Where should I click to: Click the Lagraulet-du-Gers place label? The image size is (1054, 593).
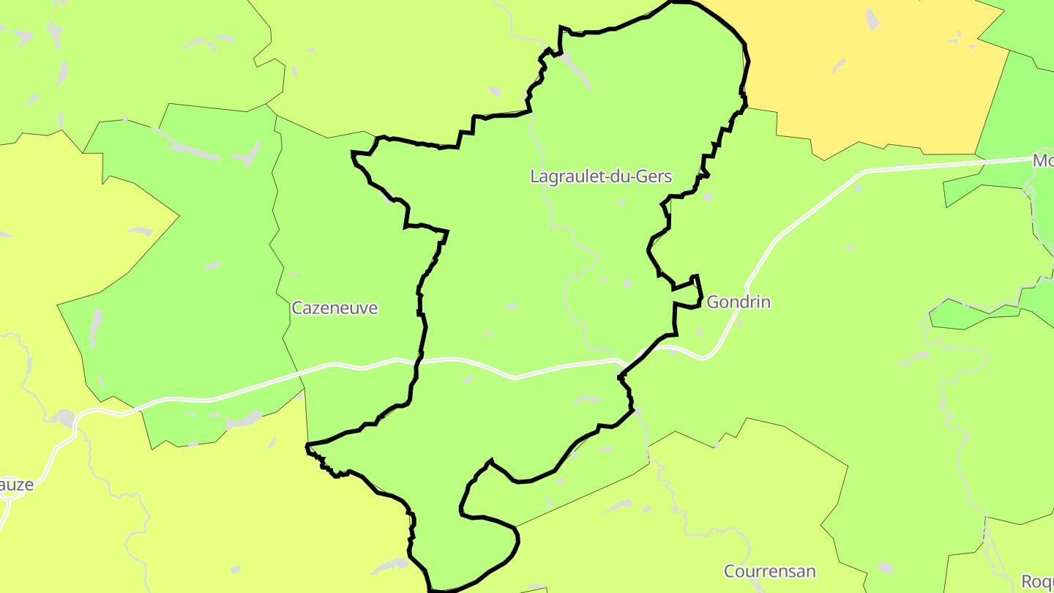601,176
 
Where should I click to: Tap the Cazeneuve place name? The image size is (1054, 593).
334,308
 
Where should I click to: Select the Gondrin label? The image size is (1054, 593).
739,302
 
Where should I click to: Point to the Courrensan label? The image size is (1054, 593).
769,571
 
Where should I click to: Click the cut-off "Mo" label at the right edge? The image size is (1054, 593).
1042,160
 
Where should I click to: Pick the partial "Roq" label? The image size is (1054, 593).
1037,581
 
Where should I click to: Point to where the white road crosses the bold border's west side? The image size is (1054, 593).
419,359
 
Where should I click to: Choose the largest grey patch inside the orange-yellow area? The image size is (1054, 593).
872,20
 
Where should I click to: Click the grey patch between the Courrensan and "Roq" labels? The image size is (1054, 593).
886,568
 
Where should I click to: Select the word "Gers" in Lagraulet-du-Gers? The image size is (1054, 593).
654,176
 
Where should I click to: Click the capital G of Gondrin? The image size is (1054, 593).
713,302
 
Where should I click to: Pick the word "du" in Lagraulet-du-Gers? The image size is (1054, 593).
624,176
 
